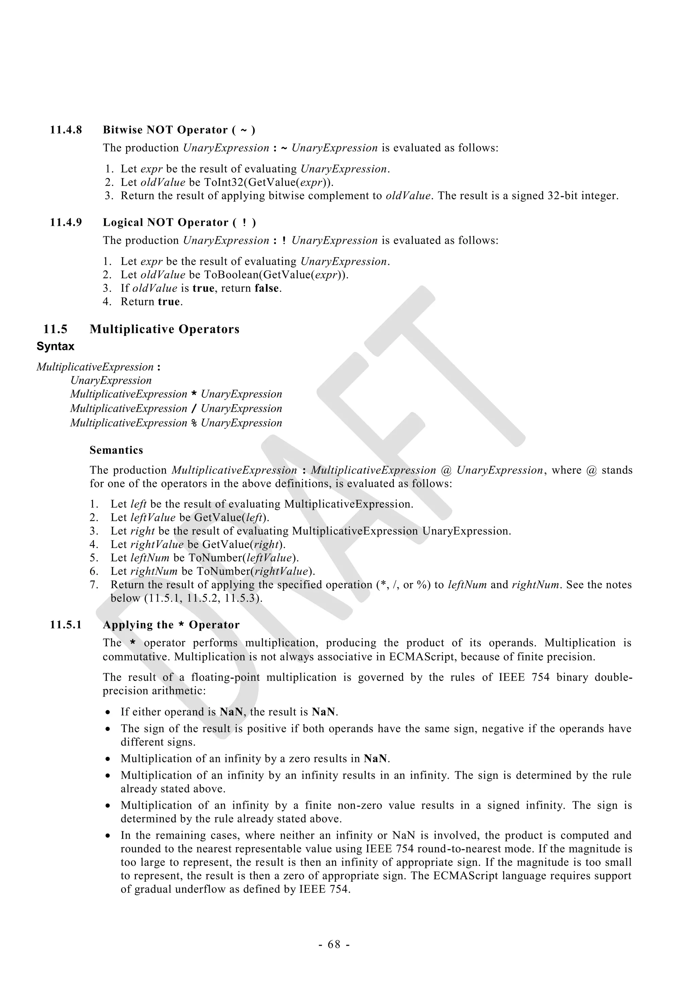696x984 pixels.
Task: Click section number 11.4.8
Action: coord(66,130)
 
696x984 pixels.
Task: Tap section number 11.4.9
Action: coord(66,222)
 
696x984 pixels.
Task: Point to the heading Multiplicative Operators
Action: coord(164,329)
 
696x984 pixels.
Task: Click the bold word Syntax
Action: coord(55,346)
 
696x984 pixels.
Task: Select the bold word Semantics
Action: coord(116,450)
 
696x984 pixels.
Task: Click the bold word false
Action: coord(267,288)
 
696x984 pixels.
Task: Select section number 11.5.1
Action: coord(66,625)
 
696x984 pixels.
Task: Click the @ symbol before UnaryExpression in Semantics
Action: coord(446,470)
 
